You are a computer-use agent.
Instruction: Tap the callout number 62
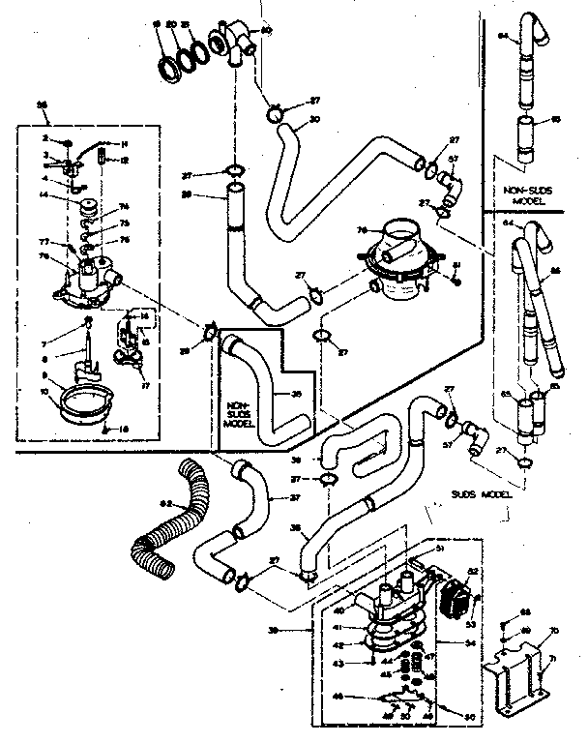pos(165,503)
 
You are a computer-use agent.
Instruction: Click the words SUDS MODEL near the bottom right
pos(480,493)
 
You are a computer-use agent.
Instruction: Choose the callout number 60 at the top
pos(268,31)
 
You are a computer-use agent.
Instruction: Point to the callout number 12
pos(125,160)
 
